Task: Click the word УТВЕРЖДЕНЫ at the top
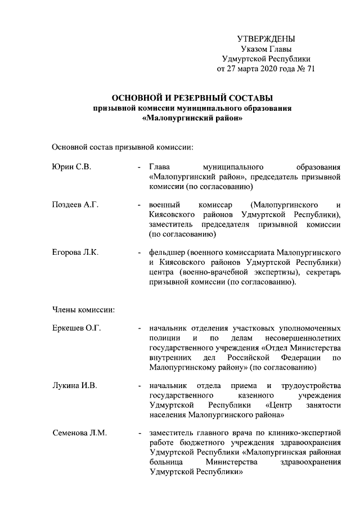click(x=266, y=39)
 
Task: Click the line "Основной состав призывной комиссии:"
click(x=123, y=147)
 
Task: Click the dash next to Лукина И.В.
click(x=138, y=386)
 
